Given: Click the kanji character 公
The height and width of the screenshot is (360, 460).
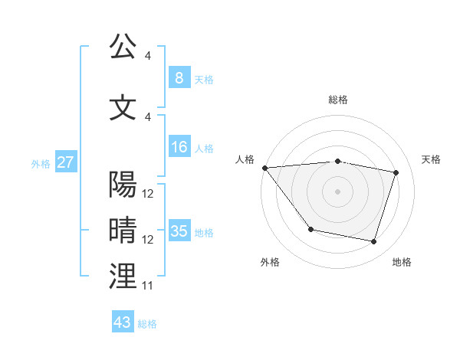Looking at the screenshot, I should pyautogui.click(x=123, y=47).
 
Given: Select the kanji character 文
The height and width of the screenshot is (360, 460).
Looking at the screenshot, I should pyautogui.click(x=123, y=107).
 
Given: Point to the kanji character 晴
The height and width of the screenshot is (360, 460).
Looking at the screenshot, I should pyautogui.click(x=123, y=230).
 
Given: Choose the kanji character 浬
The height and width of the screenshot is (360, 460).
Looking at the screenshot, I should pyautogui.click(x=123, y=276).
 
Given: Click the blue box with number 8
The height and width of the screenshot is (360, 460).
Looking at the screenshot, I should pyautogui.click(x=179, y=78).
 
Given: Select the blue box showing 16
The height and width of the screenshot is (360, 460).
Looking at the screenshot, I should pyautogui.click(x=179, y=147).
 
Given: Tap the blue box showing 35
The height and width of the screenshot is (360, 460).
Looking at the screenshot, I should pyautogui.click(x=179, y=231).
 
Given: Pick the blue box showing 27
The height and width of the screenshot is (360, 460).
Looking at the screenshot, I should pyautogui.click(x=64, y=162).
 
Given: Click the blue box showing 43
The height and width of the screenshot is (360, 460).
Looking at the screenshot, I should pyautogui.click(x=122, y=322).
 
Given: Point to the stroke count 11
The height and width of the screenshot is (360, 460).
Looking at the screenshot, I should pyautogui.click(x=147, y=286).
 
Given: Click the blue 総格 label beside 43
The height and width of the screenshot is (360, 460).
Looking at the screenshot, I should pyautogui.click(x=147, y=324).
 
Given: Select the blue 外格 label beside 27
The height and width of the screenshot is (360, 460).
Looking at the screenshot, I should pyautogui.click(x=41, y=163).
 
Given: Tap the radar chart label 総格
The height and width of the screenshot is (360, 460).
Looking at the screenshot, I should pyautogui.click(x=337, y=100).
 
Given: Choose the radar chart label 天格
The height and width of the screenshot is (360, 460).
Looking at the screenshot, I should pyautogui.click(x=432, y=159).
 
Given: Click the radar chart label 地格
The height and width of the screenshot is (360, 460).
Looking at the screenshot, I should pyautogui.click(x=402, y=263).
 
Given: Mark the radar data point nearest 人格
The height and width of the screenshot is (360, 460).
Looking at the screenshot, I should pyautogui.click(x=264, y=168).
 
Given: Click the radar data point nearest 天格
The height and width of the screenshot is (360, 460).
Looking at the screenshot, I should pyautogui.click(x=396, y=172).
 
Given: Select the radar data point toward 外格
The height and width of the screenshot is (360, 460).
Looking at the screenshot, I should pyautogui.click(x=310, y=229).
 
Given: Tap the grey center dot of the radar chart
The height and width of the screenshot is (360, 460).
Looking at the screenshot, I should pyautogui.click(x=337, y=191).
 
